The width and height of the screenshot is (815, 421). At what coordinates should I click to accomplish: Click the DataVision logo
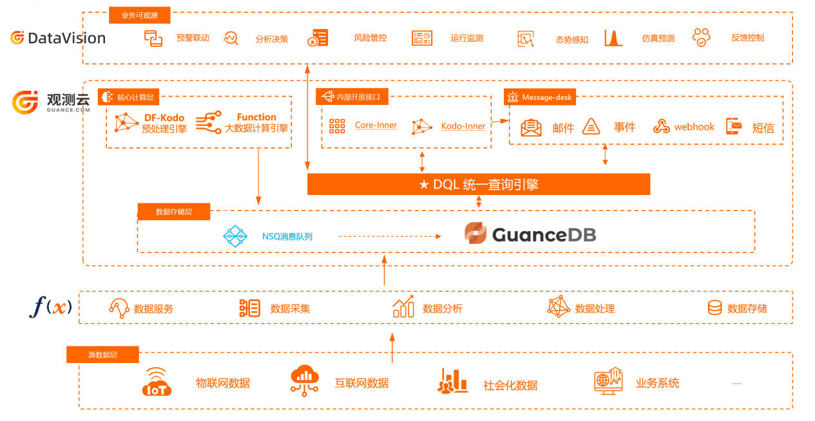58,38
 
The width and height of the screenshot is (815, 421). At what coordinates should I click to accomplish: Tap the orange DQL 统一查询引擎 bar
478,185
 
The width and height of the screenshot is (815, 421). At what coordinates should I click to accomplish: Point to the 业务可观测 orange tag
140,15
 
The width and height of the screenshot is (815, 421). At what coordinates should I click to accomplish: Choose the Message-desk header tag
540,97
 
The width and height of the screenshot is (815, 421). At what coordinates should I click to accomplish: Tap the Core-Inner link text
376,126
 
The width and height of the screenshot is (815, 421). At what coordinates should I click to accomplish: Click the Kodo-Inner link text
463,126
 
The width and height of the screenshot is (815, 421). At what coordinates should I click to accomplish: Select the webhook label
694,127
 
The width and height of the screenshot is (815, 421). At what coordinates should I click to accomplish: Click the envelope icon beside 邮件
531,127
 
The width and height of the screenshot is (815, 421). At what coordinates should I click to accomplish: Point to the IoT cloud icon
157,382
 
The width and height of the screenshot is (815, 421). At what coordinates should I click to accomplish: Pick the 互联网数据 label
361,384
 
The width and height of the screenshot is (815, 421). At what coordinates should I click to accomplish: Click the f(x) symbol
50,306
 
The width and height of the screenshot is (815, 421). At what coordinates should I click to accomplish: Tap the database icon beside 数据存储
714,308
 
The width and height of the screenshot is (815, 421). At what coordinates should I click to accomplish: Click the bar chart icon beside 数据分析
403,307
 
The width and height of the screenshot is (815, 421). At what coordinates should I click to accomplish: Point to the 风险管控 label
370,38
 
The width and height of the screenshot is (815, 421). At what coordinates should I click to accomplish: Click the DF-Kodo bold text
164,118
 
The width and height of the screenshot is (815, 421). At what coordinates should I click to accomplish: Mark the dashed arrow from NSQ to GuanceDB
390,236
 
